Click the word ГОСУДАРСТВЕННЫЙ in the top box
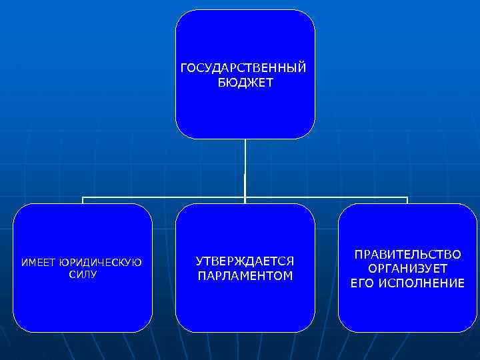(245, 68)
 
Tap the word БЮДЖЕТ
(245, 83)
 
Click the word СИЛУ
(82, 274)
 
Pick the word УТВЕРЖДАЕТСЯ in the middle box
(245, 261)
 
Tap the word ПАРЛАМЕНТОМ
(245, 275)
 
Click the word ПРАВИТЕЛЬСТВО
(407, 255)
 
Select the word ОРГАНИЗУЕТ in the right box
(407, 269)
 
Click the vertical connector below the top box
(245, 167)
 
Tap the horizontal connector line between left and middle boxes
(163, 197)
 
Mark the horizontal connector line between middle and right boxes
(327, 197)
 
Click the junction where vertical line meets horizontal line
(245, 197)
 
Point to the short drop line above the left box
(83, 201)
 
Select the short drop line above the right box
(407, 201)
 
